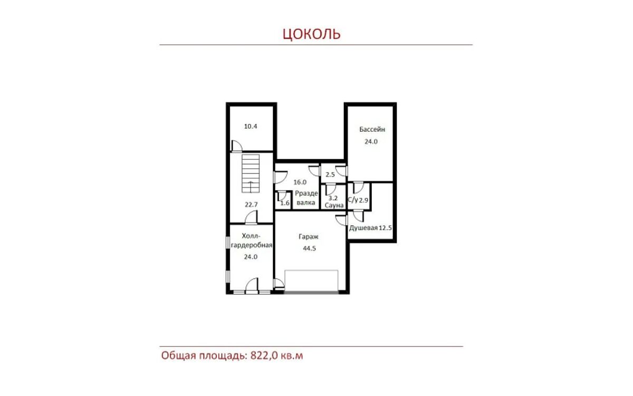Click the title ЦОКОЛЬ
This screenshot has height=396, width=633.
(312, 34)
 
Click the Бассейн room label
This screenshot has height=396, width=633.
(372, 129)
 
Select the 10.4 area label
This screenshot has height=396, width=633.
(251, 126)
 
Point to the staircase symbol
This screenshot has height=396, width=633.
(251, 173)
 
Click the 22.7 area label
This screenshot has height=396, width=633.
(251, 205)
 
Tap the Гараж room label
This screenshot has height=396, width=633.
(309, 237)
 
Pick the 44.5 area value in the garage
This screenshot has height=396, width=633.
(310, 248)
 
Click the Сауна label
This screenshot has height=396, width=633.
(334, 205)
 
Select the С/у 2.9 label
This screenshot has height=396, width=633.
(358, 200)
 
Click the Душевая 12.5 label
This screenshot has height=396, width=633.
(370, 228)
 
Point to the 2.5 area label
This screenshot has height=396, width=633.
(330, 175)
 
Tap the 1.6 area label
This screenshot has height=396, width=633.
(285, 203)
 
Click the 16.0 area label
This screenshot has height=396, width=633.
(300, 182)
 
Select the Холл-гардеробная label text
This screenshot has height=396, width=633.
(251, 240)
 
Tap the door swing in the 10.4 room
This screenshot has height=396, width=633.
(237, 146)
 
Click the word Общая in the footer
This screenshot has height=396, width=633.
(179, 355)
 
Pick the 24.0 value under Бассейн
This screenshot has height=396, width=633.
(371, 142)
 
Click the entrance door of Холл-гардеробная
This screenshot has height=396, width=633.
(252, 284)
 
